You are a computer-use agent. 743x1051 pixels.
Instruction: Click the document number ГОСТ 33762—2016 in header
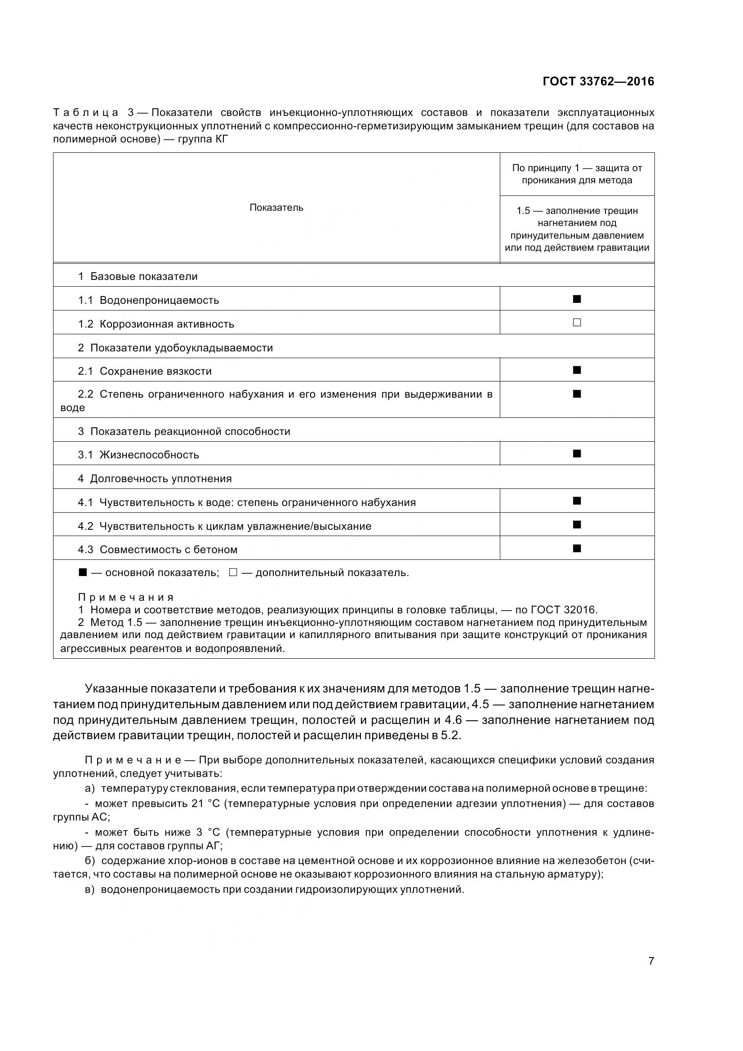(598, 81)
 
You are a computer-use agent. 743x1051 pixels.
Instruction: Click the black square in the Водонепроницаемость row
(577, 299)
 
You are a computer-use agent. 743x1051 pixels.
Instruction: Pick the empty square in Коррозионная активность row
(577, 323)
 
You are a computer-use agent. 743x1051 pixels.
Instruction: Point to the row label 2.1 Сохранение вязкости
(145, 371)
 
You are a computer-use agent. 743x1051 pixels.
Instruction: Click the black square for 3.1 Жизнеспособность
(577, 454)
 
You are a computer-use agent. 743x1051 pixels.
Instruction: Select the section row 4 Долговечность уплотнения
(155, 479)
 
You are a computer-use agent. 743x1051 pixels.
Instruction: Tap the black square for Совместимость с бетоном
(577, 548)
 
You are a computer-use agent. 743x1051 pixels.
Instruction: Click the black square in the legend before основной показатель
(82, 572)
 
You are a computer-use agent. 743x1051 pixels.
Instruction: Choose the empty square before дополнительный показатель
(233, 572)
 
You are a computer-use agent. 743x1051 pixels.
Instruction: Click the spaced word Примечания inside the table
(126, 597)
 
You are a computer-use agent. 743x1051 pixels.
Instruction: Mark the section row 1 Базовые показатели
(138, 276)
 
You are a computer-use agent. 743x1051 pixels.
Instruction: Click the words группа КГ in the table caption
(201, 139)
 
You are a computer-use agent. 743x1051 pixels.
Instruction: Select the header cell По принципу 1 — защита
(577, 174)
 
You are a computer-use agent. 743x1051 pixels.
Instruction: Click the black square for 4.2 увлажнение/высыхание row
(577, 524)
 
